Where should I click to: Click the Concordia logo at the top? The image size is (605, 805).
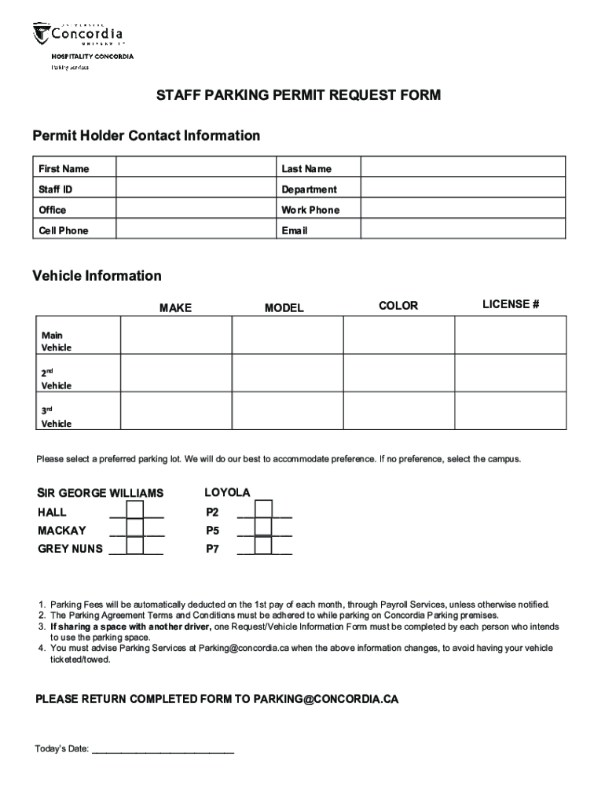tap(79, 35)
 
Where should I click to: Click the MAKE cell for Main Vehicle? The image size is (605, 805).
tap(175, 335)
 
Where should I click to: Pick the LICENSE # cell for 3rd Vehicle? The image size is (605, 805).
tap(510, 411)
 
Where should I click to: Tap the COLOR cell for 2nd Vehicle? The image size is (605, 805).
tap(398, 373)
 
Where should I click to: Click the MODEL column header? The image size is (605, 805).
tap(284, 308)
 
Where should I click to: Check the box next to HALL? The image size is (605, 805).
tap(135, 510)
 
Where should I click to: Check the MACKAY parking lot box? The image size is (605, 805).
tap(135, 528)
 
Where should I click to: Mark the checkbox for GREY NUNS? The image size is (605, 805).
tap(135, 546)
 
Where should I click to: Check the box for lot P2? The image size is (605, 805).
tap(263, 510)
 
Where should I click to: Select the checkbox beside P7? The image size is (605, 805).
tap(263, 546)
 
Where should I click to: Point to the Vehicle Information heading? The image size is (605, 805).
tap(97, 276)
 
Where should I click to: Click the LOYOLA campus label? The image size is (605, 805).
tap(227, 493)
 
